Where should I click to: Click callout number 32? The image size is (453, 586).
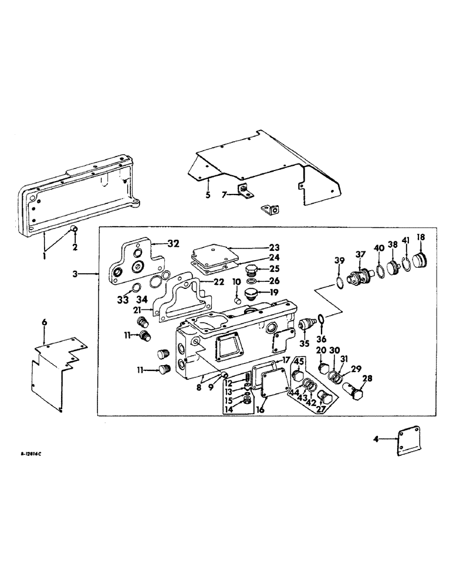point(173,243)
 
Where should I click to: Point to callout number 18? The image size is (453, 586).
point(421,237)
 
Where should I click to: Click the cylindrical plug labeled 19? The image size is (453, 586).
point(254,293)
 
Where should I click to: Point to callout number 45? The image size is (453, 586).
point(298,360)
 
